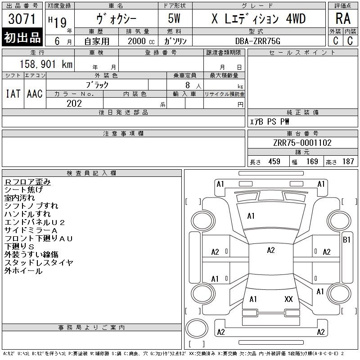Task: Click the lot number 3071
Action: (22, 19)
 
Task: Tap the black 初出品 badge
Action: (22, 37)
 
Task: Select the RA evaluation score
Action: (343, 18)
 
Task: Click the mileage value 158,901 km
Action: (46, 64)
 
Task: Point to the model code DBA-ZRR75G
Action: (258, 41)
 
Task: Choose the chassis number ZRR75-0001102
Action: (302, 143)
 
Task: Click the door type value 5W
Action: (174, 18)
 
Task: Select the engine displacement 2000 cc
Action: (141, 41)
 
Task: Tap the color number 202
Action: (74, 103)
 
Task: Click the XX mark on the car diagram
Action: (288, 299)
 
